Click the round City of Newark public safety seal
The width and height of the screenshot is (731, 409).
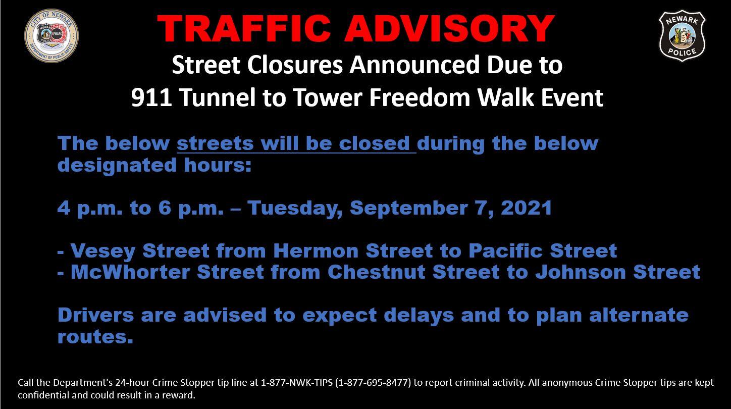tap(51, 35)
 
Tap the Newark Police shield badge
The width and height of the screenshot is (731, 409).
tap(682, 35)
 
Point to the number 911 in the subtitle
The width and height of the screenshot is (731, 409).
tap(151, 97)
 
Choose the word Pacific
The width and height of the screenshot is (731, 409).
tap(505, 250)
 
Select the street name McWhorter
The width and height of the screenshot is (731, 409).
tap(130, 272)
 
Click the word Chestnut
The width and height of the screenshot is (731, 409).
tap(376, 272)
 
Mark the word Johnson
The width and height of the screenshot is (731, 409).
tap(581, 272)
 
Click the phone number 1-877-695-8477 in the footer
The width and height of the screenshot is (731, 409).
tap(373, 383)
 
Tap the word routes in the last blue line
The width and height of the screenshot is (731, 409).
tap(95, 337)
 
